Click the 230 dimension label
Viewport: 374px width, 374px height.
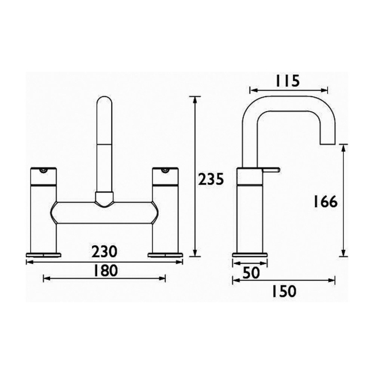[x=104, y=251]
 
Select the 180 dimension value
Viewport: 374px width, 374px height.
[x=104, y=270]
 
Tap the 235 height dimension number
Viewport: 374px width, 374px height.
[x=211, y=180]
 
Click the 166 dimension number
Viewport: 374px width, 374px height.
[x=325, y=202]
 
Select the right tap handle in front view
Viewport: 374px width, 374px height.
[x=165, y=176]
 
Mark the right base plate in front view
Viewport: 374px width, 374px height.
[x=166, y=254]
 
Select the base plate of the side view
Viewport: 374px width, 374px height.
[x=250, y=254]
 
